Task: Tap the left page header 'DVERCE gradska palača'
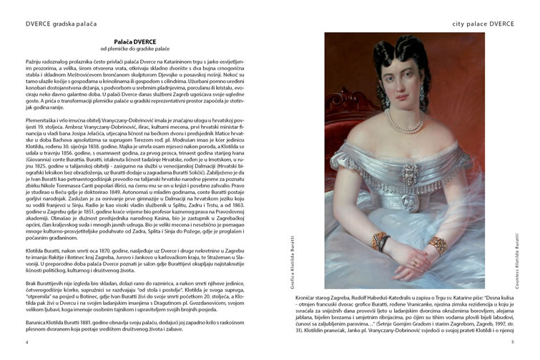[60, 24]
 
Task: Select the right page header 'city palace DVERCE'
[483, 24]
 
